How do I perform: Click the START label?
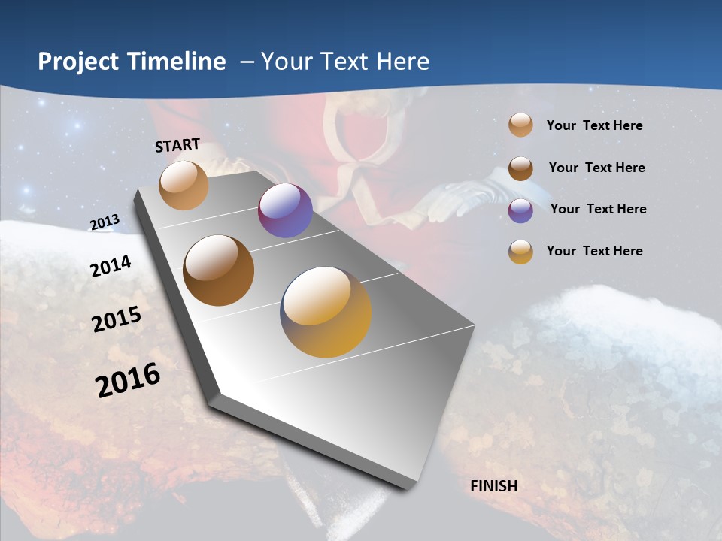pyautogui.click(x=177, y=145)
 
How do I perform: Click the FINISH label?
pyautogui.click(x=494, y=486)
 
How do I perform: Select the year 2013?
pyautogui.click(x=105, y=222)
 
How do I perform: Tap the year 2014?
pyautogui.click(x=111, y=267)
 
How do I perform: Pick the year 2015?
pyautogui.click(x=117, y=319)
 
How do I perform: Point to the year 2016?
pyautogui.click(x=128, y=380)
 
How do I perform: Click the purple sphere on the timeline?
pyautogui.click(x=285, y=210)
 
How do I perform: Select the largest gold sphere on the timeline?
pyautogui.click(x=326, y=311)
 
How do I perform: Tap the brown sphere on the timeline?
pyautogui.click(x=219, y=270)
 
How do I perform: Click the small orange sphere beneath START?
pyautogui.click(x=184, y=185)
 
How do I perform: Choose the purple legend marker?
pyautogui.click(x=520, y=210)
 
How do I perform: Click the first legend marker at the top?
pyautogui.click(x=520, y=125)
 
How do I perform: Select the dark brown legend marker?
pyautogui.click(x=520, y=168)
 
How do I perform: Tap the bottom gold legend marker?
pyautogui.click(x=520, y=252)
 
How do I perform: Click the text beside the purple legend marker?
pyautogui.click(x=598, y=209)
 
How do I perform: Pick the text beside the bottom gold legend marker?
pyautogui.click(x=594, y=251)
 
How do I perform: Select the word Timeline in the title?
pyautogui.click(x=178, y=62)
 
